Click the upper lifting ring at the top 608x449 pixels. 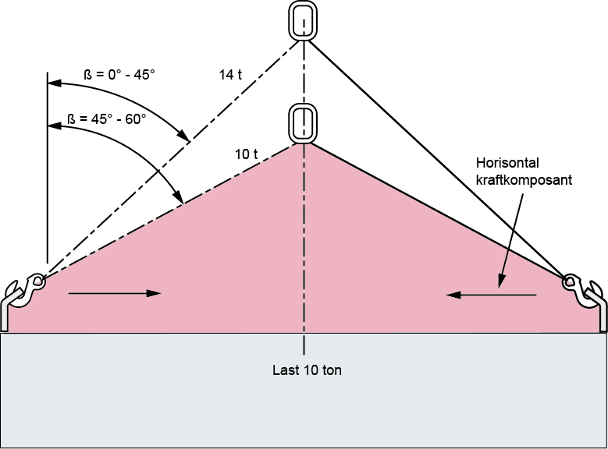(303, 21)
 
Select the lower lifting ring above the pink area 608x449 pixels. (303, 124)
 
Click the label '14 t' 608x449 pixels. (230, 75)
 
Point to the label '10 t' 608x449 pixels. (246, 154)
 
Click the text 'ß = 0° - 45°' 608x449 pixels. (119, 74)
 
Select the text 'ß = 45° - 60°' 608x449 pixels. (107, 119)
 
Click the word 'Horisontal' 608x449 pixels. (507, 163)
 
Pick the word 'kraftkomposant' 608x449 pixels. (524, 180)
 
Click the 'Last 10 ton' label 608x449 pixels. (307, 370)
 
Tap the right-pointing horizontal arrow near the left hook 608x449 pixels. (115, 294)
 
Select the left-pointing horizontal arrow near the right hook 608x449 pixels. (491, 295)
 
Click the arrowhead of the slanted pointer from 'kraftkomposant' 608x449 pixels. (500, 282)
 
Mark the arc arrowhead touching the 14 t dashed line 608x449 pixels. (183, 136)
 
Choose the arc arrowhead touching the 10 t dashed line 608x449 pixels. (179, 196)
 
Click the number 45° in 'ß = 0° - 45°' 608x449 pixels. (144, 74)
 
